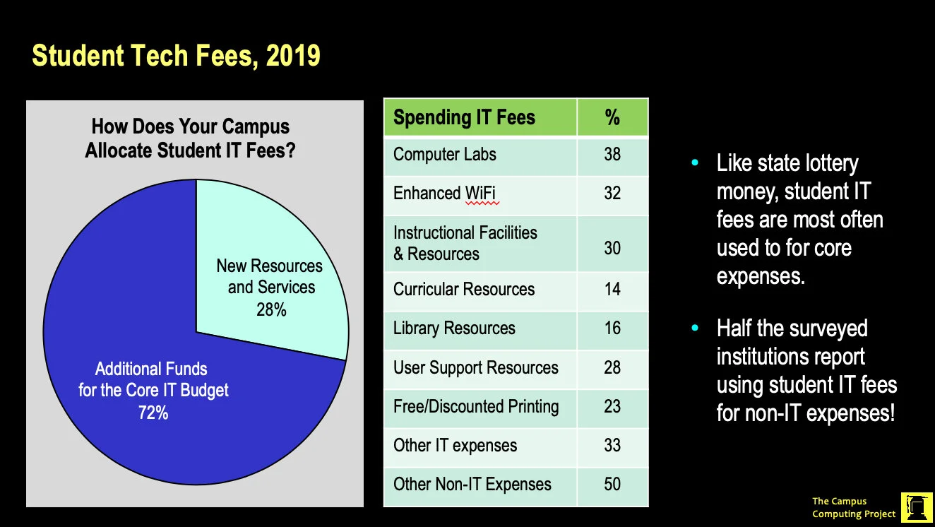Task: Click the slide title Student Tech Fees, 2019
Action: [x=177, y=55]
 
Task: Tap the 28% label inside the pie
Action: [x=271, y=309]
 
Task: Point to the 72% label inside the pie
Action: [x=153, y=413]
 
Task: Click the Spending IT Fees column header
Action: [x=464, y=117]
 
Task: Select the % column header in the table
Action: [x=612, y=117]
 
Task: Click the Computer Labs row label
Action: [x=445, y=155]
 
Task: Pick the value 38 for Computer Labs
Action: [x=612, y=155]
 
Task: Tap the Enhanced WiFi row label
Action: [x=446, y=194]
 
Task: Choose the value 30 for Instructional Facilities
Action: [x=612, y=248]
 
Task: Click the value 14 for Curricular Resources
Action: [x=612, y=289]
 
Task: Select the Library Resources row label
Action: [x=454, y=328]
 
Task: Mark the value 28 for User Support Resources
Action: [x=612, y=367]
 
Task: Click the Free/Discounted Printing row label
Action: [x=476, y=407]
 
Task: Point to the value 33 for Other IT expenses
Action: [x=612, y=446]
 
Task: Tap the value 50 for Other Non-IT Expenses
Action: [x=612, y=485]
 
